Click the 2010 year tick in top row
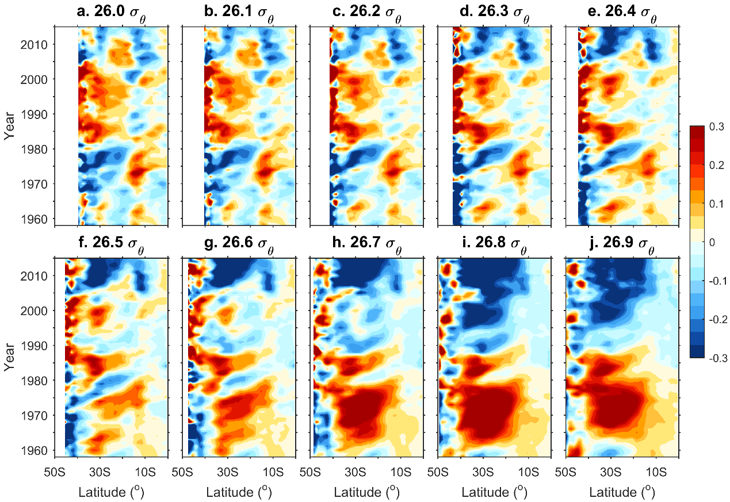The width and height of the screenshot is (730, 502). point(37,44)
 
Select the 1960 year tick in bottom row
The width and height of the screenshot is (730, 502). point(37,450)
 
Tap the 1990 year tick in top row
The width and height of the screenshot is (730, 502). point(37,114)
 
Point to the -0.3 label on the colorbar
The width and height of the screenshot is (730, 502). point(716,358)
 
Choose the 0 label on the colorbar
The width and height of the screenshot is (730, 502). point(713,243)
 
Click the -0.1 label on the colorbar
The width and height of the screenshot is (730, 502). point(716,281)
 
